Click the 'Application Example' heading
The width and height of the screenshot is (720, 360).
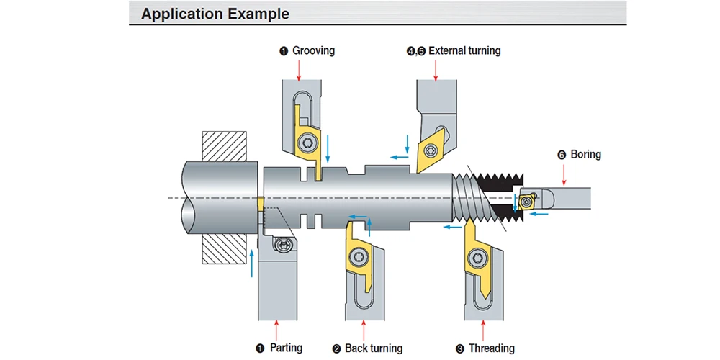click(x=215, y=14)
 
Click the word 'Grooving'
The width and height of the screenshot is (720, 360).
click(x=314, y=50)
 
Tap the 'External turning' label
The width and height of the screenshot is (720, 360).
click(x=464, y=50)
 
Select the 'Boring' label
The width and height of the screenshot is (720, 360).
click(x=585, y=154)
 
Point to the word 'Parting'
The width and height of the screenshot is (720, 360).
click(x=287, y=348)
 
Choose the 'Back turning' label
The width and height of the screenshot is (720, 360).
click(x=373, y=348)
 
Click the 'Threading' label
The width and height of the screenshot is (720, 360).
click(x=491, y=348)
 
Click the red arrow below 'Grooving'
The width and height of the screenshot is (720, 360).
click(x=299, y=71)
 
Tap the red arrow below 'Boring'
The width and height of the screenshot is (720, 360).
click(x=564, y=174)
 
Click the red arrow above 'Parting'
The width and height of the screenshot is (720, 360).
click(x=276, y=330)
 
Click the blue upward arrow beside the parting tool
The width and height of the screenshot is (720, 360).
click(x=251, y=263)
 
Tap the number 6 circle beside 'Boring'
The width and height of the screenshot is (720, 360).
click(x=562, y=155)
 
